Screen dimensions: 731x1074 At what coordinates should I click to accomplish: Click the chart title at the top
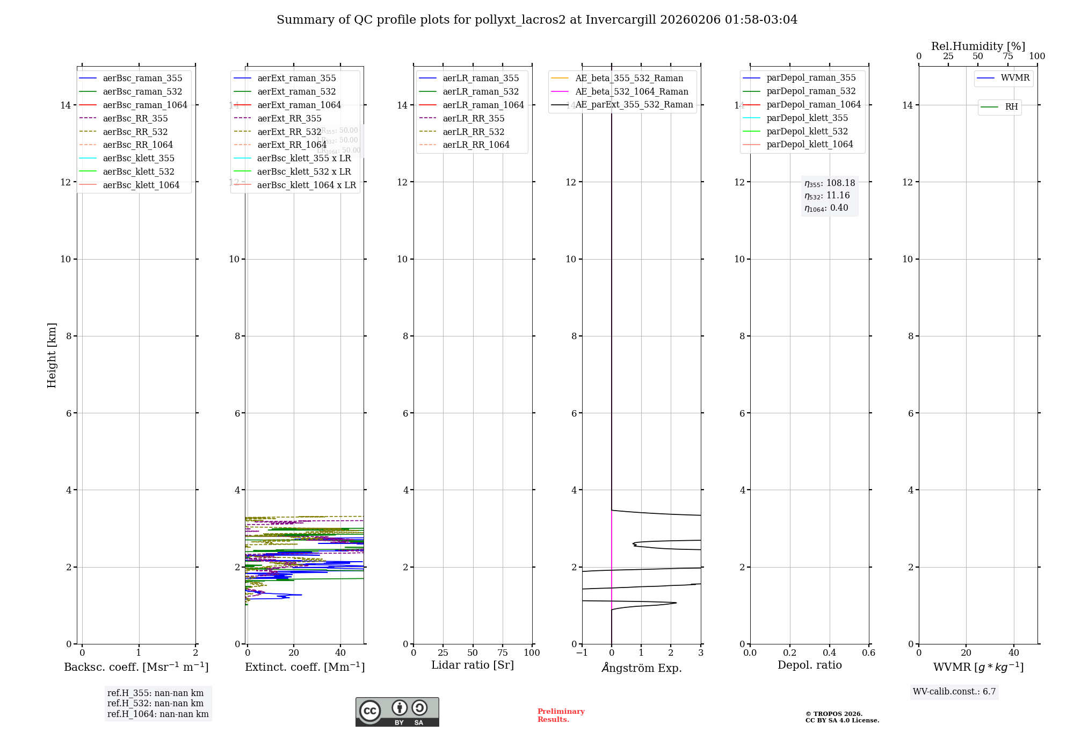point(537,20)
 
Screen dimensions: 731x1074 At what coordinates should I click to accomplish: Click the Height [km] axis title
point(52,355)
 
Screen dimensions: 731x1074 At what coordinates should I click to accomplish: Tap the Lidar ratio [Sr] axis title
point(473,665)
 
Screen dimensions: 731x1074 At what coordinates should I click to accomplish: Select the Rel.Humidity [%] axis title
point(978,46)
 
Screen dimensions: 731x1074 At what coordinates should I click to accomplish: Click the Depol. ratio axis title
point(809,665)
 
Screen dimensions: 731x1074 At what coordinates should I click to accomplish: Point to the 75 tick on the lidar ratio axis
point(503,653)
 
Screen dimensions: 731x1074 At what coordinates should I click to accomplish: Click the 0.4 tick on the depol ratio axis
point(829,653)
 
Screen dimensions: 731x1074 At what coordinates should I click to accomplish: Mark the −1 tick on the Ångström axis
point(582,653)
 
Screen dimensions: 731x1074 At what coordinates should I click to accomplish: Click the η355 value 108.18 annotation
point(830,183)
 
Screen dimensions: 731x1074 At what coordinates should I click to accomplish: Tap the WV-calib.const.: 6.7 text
point(954,692)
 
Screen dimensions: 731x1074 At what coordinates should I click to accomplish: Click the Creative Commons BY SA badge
point(397,712)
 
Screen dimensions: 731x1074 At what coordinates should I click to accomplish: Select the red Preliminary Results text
point(561,715)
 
